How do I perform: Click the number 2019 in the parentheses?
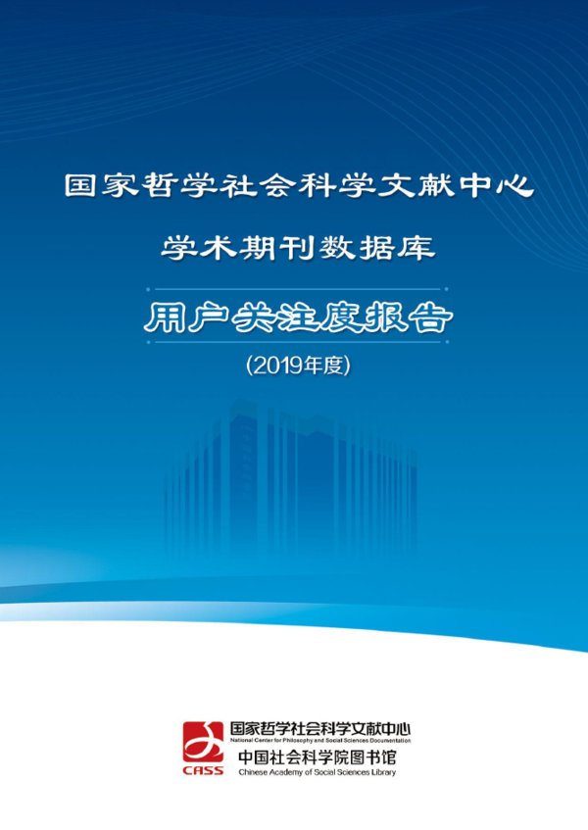[x=276, y=366]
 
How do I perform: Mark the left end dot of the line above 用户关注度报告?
[x=148, y=289]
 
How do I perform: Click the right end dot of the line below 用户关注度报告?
[x=447, y=342]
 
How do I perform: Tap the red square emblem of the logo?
[x=203, y=742]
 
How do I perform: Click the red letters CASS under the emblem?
[x=203, y=770]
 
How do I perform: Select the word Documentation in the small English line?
[x=391, y=741]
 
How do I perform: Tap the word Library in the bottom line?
[x=385, y=773]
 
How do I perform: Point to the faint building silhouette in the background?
[x=291, y=476]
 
